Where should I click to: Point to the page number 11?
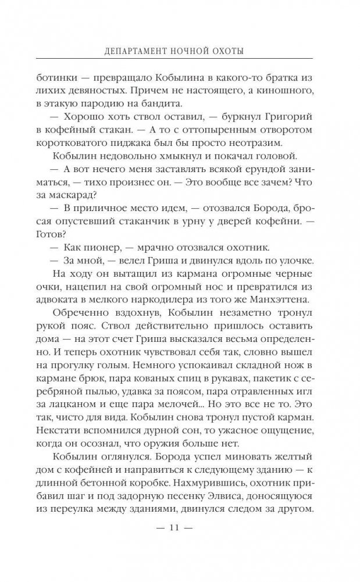click(x=180, y=544)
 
